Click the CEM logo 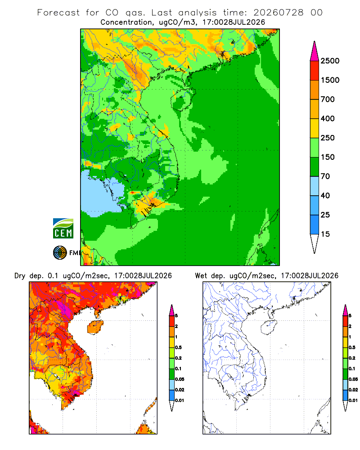point(63,228)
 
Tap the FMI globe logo point(60,252)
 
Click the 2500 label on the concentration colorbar point(330,61)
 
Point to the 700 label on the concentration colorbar point(328,99)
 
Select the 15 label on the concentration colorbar point(325,234)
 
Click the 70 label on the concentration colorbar point(325,176)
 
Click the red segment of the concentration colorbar point(315,70)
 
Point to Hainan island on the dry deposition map point(95,327)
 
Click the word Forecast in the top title point(58,12)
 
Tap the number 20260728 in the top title point(278,12)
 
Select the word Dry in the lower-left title point(20,276)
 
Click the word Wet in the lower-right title point(201,276)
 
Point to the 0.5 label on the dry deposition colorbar point(178,347)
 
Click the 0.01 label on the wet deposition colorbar point(353,400)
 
